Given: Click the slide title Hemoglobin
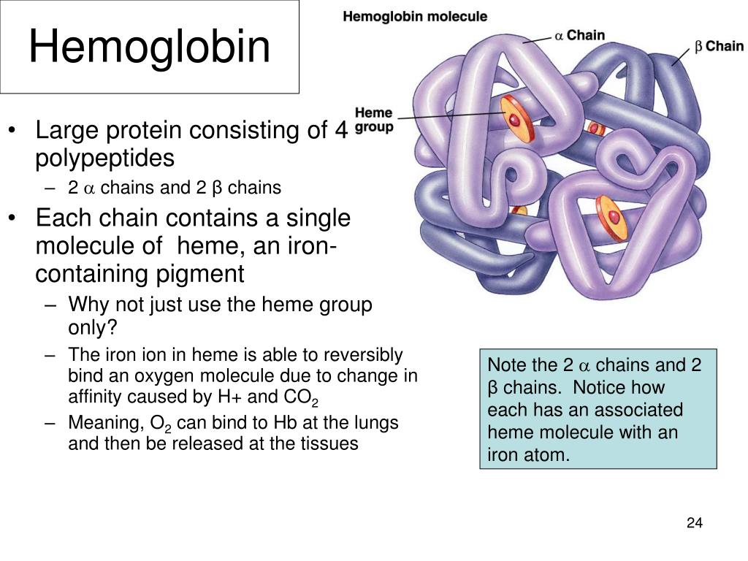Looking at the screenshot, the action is (149, 46).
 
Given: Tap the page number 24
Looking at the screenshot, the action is (695, 523).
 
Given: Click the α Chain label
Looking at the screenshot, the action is (579, 35).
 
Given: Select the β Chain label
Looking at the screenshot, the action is (719, 46).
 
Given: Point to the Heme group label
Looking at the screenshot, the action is (374, 120).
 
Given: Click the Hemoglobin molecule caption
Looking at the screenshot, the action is (415, 17).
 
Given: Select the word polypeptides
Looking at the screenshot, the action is (105, 159).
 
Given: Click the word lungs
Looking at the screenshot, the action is (375, 424).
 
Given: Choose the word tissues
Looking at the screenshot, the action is (329, 443).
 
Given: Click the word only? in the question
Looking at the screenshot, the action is (93, 328).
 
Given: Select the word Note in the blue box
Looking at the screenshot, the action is (507, 365).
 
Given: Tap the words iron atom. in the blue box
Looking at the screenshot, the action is (529, 454).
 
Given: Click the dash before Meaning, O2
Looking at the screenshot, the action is (51, 424).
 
